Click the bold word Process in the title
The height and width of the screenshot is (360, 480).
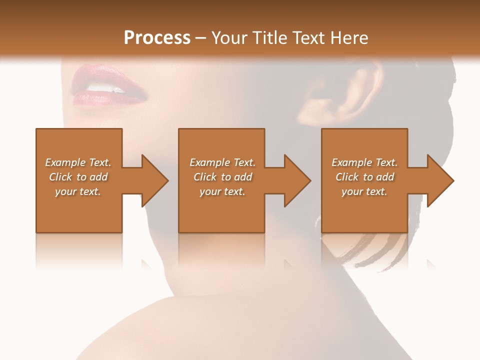pyautogui.click(x=157, y=38)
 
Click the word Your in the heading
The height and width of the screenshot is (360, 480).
pyautogui.click(x=229, y=38)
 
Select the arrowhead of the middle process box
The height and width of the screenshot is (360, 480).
pyautogui.click(x=295, y=180)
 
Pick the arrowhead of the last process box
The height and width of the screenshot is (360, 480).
pyautogui.click(x=438, y=180)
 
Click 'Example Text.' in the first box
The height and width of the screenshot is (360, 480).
pyautogui.click(x=78, y=162)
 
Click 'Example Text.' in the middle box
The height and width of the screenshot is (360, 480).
pyautogui.click(x=222, y=162)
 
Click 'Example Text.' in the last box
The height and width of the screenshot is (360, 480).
pyautogui.click(x=364, y=162)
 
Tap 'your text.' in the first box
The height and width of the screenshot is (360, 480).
pyautogui.click(x=78, y=191)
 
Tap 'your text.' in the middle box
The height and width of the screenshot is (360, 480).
pyautogui.click(x=222, y=191)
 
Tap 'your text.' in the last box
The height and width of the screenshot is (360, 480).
pyautogui.click(x=364, y=191)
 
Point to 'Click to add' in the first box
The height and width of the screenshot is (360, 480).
pyautogui.click(x=78, y=177)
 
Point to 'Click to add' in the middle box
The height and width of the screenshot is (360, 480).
pyautogui.click(x=222, y=177)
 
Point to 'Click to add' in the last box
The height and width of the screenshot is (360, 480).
pyautogui.click(x=364, y=177)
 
